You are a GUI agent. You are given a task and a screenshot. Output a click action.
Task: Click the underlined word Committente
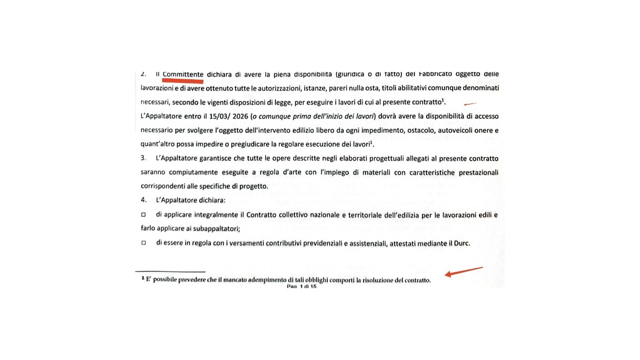coord(183,75)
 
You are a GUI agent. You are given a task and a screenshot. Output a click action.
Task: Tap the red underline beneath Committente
coord(183,81)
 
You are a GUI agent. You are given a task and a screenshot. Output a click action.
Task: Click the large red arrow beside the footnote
coord(464,272)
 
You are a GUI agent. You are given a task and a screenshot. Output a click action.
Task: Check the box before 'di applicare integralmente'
coord(143,215)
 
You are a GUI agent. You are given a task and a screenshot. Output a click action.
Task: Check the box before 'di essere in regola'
coord(143,243)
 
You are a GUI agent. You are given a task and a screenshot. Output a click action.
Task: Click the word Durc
coord(461,243)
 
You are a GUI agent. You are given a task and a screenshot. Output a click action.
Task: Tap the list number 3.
coord(143,158)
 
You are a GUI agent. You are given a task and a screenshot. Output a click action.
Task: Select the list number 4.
coord(143,200)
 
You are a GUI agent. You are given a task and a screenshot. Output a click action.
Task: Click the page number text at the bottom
coord(302,287)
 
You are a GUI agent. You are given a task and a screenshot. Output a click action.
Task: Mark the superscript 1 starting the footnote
coord(143,279)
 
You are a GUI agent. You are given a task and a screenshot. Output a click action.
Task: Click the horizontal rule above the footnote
coord(170,271)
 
